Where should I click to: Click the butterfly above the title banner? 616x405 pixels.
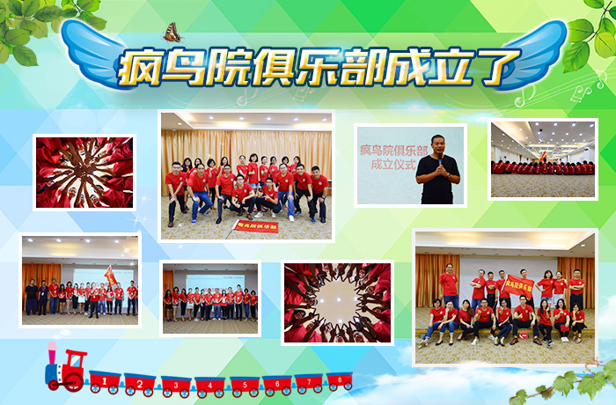[172, 33]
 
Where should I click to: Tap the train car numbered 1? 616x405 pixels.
[105, 382]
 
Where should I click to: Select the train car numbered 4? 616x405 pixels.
[209, 385]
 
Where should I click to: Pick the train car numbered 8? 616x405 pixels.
[339, 381]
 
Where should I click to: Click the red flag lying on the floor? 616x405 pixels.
[253, 227]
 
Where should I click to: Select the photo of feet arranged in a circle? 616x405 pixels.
[338, 302]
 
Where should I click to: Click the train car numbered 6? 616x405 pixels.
[276, 384]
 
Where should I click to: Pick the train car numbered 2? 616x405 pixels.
[139, 383]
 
